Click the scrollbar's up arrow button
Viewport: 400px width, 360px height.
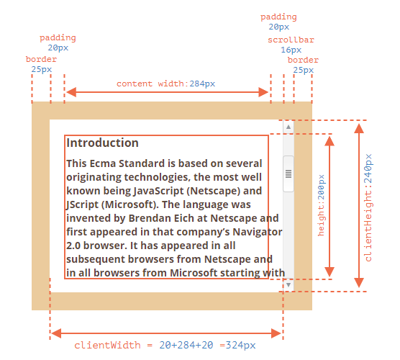click(x=288, y=127)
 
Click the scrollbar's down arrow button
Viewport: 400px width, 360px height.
click(x=288, y=284)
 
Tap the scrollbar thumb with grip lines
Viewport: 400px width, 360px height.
click(x=288, y=174)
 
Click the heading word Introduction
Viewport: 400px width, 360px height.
click(x=102, y=143)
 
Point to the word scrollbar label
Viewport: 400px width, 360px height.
click(x=291, y=40)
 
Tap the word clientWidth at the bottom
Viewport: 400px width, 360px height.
click(x=107, y=345)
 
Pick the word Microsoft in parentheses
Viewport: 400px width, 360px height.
click(x=130, y=204)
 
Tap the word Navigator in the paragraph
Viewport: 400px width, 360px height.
click(x=257, y=232)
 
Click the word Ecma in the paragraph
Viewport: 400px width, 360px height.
click(x=103, y=163)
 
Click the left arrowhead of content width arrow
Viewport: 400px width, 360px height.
click(x=71, y=92)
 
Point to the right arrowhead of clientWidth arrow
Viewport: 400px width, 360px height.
click(x=276, y=333)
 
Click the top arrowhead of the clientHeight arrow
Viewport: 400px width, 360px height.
click(x=359, y=128)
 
